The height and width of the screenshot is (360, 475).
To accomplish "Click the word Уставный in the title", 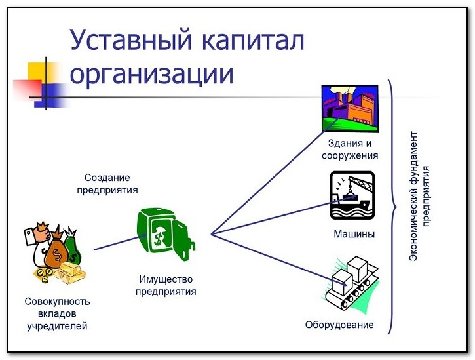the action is pyautogui.click(x=131, y=40).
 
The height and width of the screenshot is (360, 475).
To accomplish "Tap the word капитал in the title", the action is pyautogui.click(x=254, y=40).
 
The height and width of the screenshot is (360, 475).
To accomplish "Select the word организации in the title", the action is pyautogui.click(x=151, y=74).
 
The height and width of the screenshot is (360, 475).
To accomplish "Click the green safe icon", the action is pyautogui.click(x=166, y=234).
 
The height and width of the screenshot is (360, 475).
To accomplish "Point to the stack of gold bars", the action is pyautogui.click(x=70, y=272).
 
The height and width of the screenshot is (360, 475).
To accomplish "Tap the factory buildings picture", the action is pyautogui.click(x=350, y=108).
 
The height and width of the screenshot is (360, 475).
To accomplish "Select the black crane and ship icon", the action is pyautogui.click(x=352, y=195).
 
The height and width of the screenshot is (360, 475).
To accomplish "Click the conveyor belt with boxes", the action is pyautogui.click(x=351, y=283).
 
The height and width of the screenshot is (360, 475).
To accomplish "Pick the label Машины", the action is pyautogui.click(x=354, y=234).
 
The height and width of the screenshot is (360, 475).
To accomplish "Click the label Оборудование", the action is pyautogui.click(x=339, y=325).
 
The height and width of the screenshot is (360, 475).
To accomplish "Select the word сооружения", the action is pyautogui.click(x=350, y=156).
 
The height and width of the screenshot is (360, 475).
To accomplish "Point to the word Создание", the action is pyautogui.click(x=107, y=178).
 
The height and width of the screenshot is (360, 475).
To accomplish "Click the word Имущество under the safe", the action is pyautogui.click(x=166, y=279).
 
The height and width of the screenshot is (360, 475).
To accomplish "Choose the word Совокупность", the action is pyautogui.click(x=57, y=302).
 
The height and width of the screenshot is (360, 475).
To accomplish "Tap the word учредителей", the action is pyautogui.click(x=57, y=326).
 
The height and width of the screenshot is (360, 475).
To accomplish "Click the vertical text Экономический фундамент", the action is pyautogui.click(x=413, y=196).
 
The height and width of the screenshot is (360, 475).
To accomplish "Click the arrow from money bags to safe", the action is pyautogui.click(x=121, y=242).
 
